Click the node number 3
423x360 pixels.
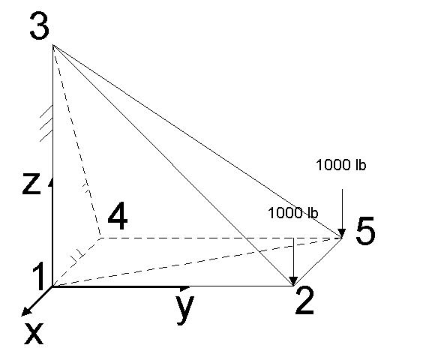[x=40, y=26]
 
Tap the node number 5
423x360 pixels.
[x=365, y=231]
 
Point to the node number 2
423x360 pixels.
[x=304, y=301]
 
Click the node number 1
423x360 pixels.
[x=40, y=276]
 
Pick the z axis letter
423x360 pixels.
[x=31, y=184]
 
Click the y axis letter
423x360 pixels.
[x=185, y=310]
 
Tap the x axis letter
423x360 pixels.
[x=34, y=334]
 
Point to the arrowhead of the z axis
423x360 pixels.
[x=51, y=182]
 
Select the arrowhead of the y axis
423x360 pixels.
[x=184, y=288]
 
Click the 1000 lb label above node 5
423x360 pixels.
[x=341, y=164]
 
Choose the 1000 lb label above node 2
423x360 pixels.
[x=293, y=213]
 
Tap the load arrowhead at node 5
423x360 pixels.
[x=342, y=233]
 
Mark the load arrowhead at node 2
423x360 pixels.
[x=293, y=281]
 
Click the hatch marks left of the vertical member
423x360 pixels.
[x=46, y=123]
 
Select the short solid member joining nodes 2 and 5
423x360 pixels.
[x=317, y=262]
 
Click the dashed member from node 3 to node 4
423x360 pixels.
[x=77, y=142]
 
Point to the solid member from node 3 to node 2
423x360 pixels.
[x=173, y=166]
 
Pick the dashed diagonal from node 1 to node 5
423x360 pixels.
[x=197, y=262]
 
